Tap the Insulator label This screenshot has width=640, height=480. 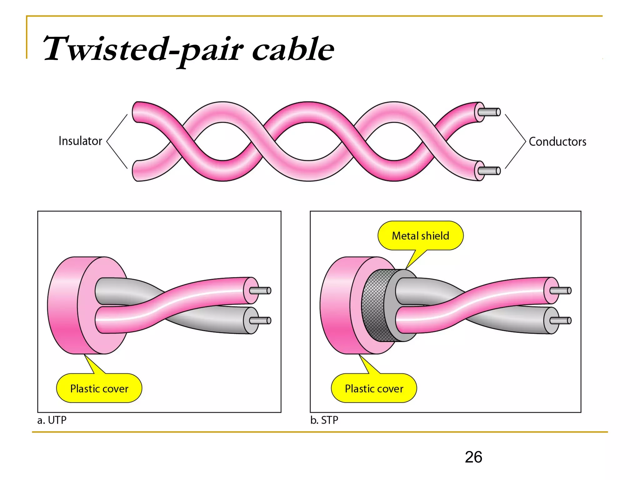pyautogui.click(x=80, y=141)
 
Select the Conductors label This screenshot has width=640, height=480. pyautogui.click(x=557, y=142)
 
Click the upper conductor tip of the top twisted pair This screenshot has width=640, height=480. pyautogui.click(x=491, y=112)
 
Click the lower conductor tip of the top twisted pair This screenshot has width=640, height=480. pyautogui.click(x=491, y=171)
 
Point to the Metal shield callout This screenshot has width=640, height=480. pyautogui.click(x=420, y=236)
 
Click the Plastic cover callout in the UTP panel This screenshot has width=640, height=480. pyautogui.click(x=99, y=388)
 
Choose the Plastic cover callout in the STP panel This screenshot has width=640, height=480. pyautogui.click(x=374, y=388)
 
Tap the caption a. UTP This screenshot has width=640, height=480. pyautogui.click(x=52, y=420)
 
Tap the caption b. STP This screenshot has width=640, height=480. pyautogui.click(x=324, y=420)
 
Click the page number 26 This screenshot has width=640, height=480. pyautogui.click(x=473, y=457)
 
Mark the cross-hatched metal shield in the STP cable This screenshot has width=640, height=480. pyautogui.click(x=373, y=305)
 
